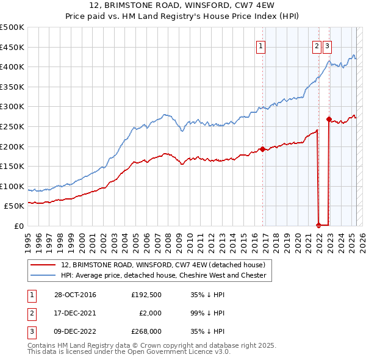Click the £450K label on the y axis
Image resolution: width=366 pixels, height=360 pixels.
(12, 47)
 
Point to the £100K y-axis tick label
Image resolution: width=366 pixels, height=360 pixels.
(12, 187)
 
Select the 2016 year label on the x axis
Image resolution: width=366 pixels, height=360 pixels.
(254, 238)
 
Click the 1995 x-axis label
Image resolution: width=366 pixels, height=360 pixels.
(28, 238)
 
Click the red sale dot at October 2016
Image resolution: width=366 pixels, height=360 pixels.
(262, 149)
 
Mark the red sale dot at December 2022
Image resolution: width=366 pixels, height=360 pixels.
(329, 119)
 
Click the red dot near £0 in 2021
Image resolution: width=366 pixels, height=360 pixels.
(318, 225)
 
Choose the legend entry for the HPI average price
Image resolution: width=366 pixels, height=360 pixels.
(163, 275)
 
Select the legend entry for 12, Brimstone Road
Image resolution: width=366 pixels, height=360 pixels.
(163, 265)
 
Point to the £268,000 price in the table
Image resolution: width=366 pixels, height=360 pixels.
(146, 331)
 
